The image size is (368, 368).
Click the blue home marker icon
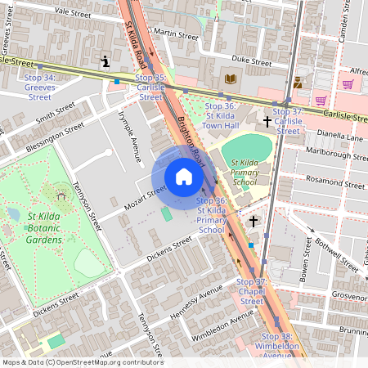[184, 177]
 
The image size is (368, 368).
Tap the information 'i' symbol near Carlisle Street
[105, 61]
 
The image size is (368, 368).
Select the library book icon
[231, 79]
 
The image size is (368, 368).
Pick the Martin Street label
[176, 36]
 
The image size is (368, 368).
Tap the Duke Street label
[251, 61]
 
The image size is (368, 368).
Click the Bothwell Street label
[343, 243]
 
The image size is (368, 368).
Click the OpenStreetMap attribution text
[82, 362]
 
